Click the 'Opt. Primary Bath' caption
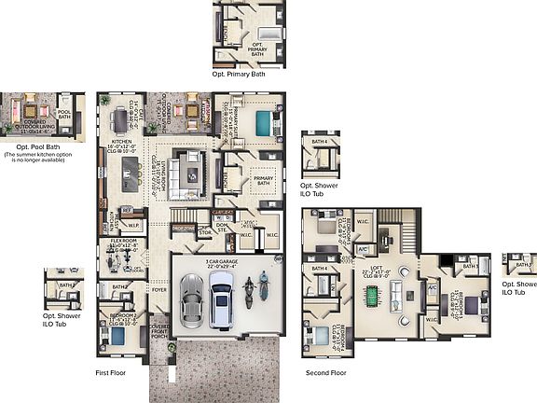(247, 73)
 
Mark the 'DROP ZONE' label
(184, 227)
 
